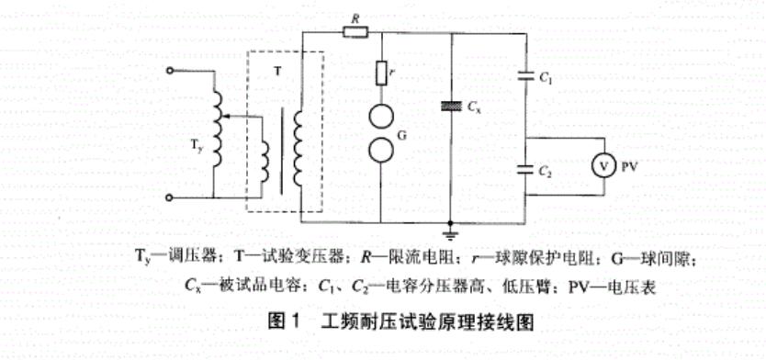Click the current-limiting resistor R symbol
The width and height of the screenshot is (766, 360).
[x=355, y=32]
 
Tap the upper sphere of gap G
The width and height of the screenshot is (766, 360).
[x=380, y=118]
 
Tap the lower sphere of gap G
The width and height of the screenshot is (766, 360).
[x=380, y=150]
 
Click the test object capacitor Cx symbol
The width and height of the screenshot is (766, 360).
[x=452, y=107]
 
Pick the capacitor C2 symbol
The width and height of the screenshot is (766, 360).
[x=525, y=168]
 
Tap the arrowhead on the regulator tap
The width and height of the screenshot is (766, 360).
[x=227, y=117]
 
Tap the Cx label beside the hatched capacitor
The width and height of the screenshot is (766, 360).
[x=473, y=107]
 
